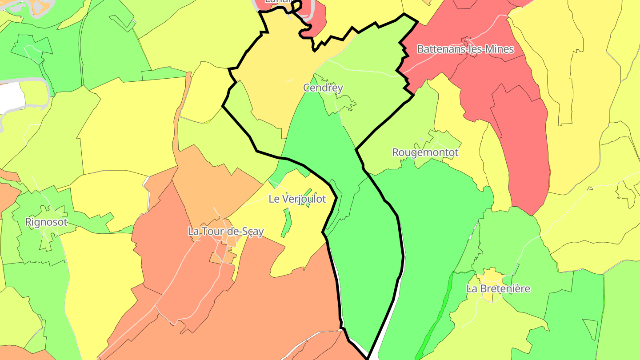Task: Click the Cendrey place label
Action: click(323, 88)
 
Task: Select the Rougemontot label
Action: click(425, 152)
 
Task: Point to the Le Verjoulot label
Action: click(297, 199)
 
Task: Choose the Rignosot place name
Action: click(46, 222)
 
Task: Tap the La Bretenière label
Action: click(498, 288)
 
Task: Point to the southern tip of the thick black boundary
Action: click(368, 357)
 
